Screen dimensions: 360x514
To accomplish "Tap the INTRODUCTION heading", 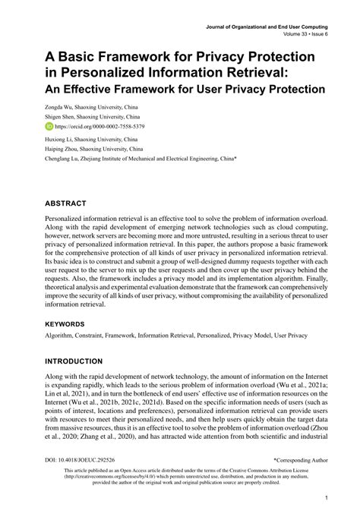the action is pyautogui.click(x=74, y=361).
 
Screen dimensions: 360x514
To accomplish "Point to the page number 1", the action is pyautogui.click(x=325, y=498).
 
